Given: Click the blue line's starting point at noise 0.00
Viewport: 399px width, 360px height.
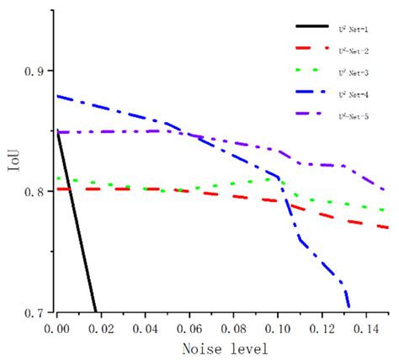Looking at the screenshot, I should (x=57, y=96).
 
